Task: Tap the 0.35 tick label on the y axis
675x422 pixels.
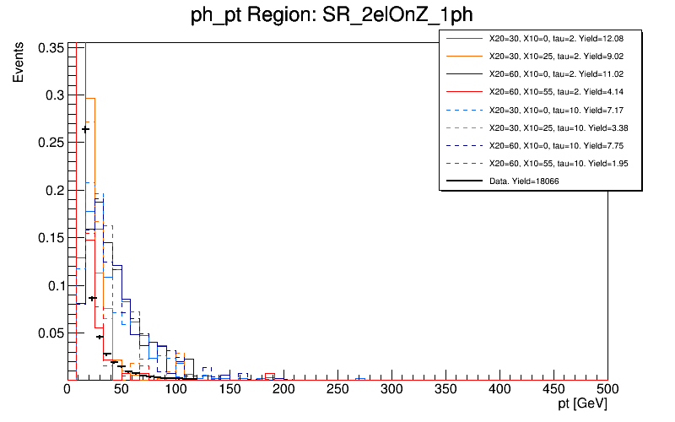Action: (52, 48)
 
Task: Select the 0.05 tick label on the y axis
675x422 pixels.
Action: (52, 333)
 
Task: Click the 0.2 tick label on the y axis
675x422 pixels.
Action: (56, 191)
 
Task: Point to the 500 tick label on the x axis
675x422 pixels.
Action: (607, 390)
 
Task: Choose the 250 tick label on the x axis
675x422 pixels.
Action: (337, 390)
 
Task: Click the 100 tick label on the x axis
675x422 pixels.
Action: (175, 390)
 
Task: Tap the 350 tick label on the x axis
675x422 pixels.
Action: (445, 390)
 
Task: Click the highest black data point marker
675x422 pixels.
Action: (85, 129)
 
